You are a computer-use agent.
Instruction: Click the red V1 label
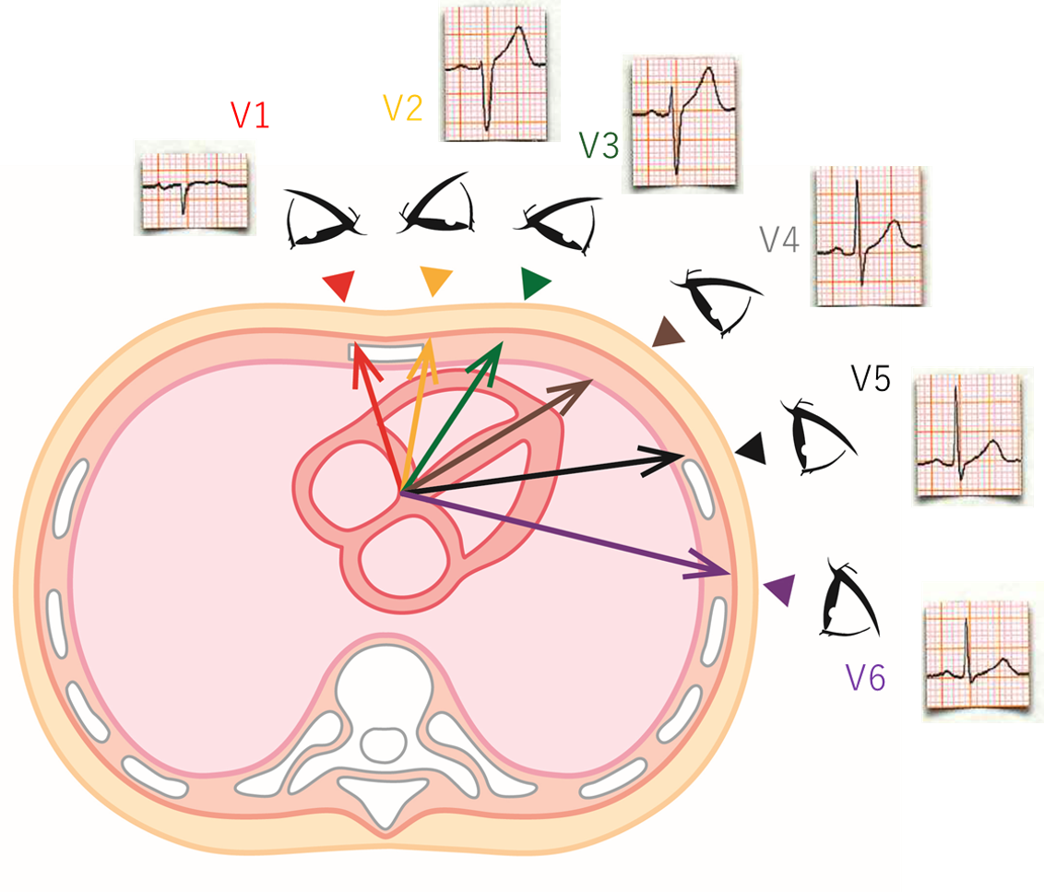(249, 114)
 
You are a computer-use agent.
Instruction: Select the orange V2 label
(403, 109)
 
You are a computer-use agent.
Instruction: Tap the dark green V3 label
(599, 146)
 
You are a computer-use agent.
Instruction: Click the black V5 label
(871, 378)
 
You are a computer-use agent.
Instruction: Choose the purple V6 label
(865, 679)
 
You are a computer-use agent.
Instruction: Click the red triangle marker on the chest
(338, 285)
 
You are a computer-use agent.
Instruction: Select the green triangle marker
(533, 282)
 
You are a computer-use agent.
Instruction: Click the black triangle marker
(753, 449)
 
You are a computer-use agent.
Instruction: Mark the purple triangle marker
(781, 589)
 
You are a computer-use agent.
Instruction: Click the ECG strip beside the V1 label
(192, 187)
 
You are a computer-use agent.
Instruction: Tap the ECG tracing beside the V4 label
(870, 236)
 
